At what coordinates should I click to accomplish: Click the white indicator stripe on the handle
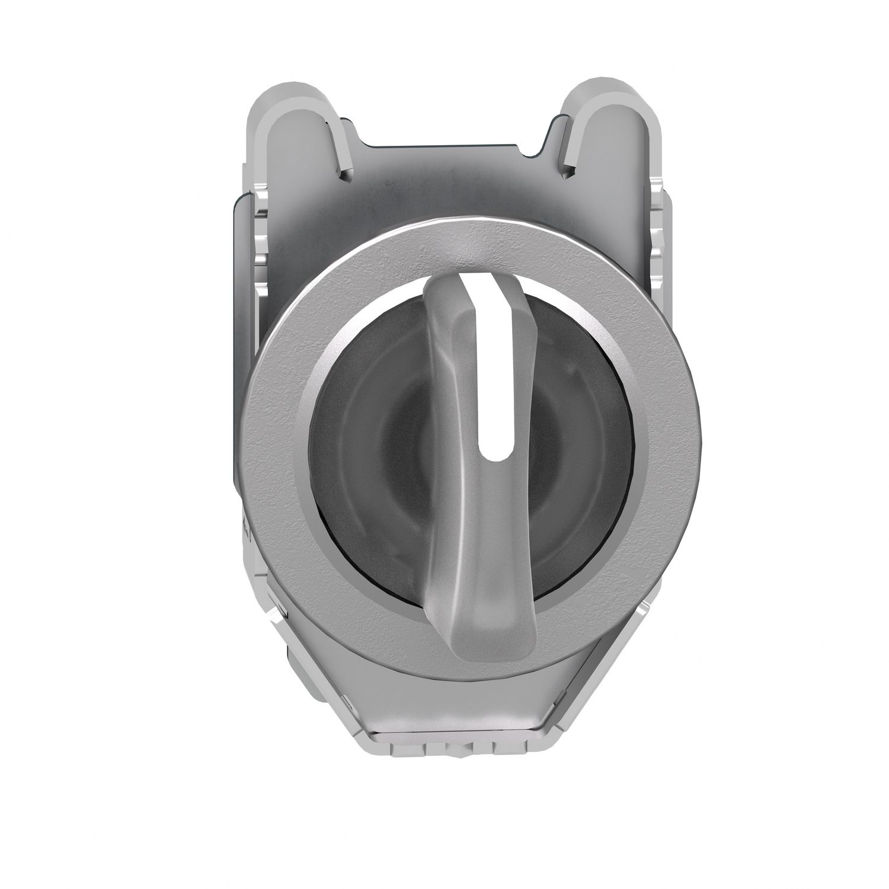click(x=487, y=367)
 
